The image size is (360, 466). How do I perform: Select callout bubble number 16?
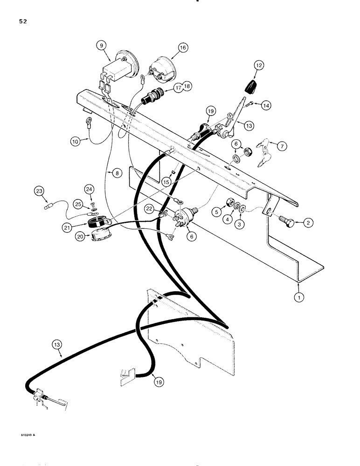(182, 47)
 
